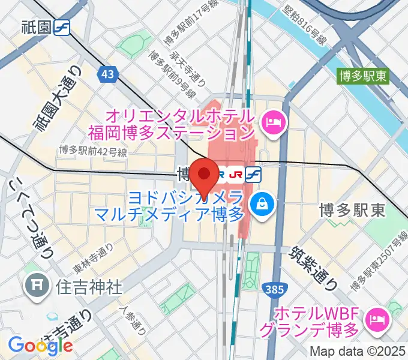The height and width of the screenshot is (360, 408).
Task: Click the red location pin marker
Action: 207,175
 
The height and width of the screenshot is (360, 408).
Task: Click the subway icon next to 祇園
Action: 61,28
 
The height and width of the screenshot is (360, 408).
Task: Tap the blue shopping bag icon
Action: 262,204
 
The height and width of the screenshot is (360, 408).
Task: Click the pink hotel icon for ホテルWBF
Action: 377,319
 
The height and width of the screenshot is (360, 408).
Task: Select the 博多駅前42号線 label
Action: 93,151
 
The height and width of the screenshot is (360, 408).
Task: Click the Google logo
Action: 40,344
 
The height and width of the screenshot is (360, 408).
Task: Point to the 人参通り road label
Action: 133,323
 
